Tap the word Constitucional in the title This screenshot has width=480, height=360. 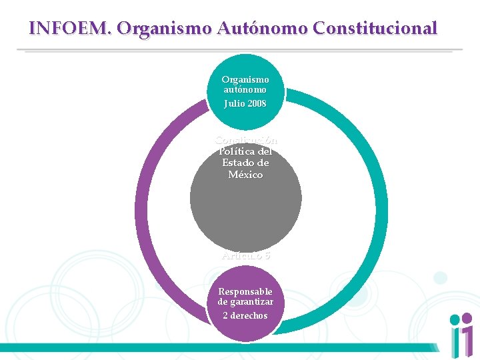[x=375, y=28]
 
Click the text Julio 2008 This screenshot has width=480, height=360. [x=245, y=103]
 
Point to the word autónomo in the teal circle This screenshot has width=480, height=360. [x=245, y=89]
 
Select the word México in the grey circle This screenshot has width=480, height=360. [x=245, y=175]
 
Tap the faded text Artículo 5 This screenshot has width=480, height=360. [x=245, y=255]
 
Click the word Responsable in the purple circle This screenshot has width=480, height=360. [x=245, y=291]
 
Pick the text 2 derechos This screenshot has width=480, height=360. [x=245, y=315]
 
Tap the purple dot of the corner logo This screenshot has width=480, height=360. [x=455, y=320]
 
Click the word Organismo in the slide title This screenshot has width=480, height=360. [x=163, y=28]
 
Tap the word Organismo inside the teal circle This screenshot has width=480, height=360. [x=245, y=79]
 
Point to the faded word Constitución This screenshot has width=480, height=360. [x=245, y=140]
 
